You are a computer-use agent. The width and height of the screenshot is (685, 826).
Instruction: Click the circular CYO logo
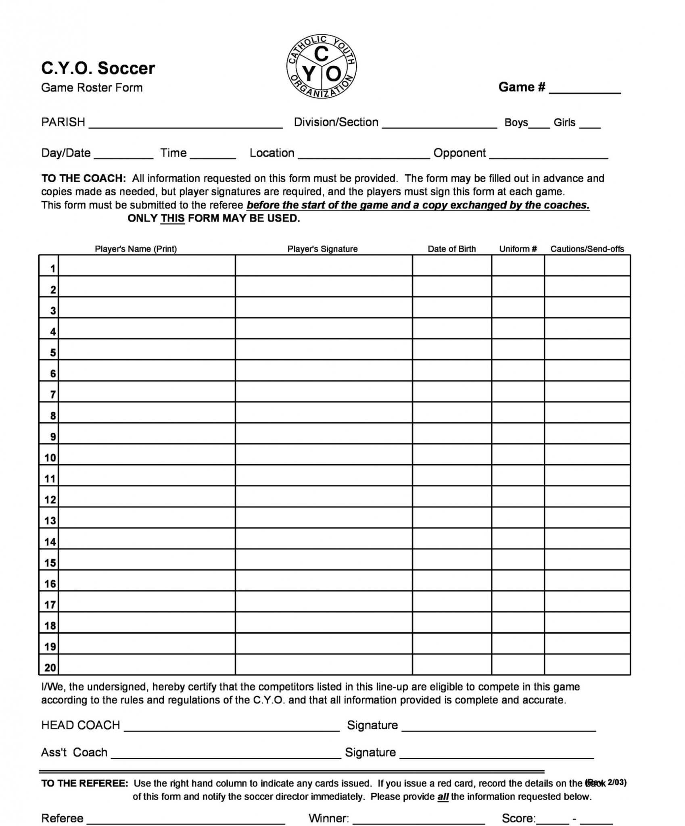(x=322, y=67)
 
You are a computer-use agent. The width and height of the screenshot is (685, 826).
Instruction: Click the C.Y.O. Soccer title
(x=98, y=68)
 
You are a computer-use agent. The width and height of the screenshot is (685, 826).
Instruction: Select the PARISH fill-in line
(x=186, y=124)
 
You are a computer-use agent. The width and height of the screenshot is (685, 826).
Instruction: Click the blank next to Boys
(x=539, y=124)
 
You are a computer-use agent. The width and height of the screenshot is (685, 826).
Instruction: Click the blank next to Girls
(x=590, y=124)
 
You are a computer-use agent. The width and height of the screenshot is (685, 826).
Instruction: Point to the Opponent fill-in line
(x=549, y=155)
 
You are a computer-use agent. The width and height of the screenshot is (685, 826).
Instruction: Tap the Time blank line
(x=213, y=155)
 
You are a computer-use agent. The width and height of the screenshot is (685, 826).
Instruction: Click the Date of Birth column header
(x=451, y=249)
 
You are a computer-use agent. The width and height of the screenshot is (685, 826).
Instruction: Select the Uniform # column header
(x=518, y=249)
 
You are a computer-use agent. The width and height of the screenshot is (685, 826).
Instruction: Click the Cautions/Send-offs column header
(x=587, y=249)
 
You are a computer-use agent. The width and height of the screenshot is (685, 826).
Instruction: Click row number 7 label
(x=52, y=394)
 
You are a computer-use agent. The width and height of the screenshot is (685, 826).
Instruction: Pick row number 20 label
(x=50, y=668)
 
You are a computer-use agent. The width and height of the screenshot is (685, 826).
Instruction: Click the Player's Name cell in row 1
(x=147, y=265)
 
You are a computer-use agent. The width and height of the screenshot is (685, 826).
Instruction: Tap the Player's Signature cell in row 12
(x=324, y=496)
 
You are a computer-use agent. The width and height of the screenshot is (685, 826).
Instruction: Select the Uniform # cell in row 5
(x=518, y=349)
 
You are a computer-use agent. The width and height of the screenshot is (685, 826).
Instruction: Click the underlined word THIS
(x=173, y=219)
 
